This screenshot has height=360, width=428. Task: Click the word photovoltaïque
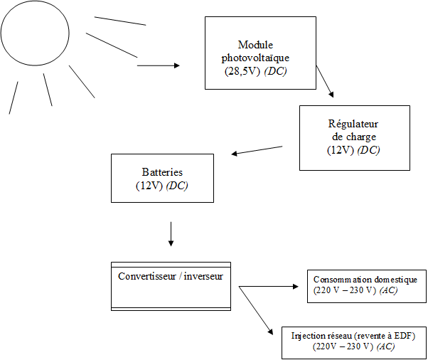255,58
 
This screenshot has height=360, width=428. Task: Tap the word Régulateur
354,124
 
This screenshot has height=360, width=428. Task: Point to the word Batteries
162,172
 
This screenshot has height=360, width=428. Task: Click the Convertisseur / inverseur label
171,276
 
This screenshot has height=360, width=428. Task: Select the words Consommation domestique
370,280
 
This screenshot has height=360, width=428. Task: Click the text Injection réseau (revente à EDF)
353,335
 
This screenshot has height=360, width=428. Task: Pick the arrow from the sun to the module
158,65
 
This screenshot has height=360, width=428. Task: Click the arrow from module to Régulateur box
324,81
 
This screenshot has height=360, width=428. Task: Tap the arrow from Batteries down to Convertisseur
171,233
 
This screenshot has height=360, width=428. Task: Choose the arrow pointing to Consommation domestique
270,287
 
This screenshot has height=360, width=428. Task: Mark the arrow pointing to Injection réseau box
257,310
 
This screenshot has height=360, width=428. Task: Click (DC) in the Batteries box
178,185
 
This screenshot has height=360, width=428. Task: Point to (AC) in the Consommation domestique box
388,290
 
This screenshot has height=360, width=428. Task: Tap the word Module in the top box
255,45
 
